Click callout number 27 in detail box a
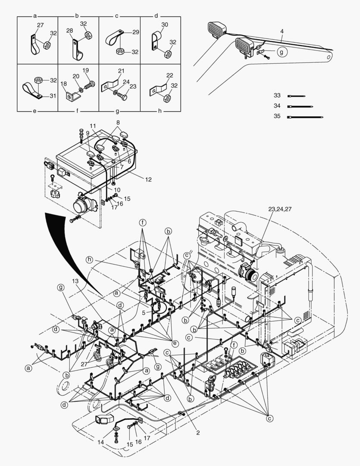click(x=40, y=25)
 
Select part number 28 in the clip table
click(x=70, y=31)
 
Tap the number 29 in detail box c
click(x=135, y=32)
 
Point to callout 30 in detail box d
click(x=165, y=25)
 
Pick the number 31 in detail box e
click(x=53, y=96)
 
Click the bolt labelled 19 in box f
click(x=86, y=70)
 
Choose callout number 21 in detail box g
click(x=121, y=71)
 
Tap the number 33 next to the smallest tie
click(x=277, y=95)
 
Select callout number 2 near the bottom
click(x=198, y=432)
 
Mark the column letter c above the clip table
click(x=116, y=16)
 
